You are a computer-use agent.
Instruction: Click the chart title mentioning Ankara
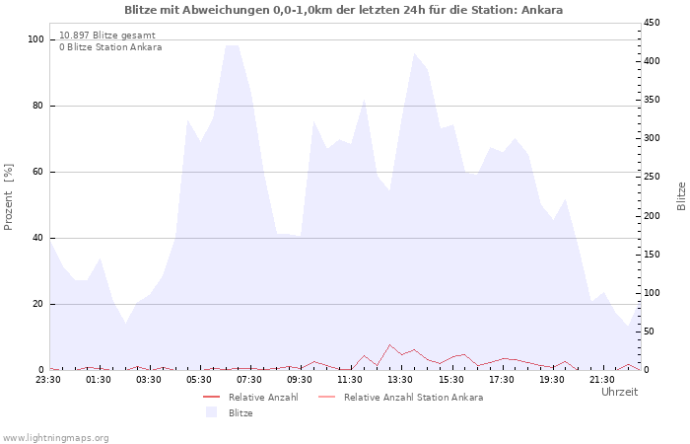click(344, 10)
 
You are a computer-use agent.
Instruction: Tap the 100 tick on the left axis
click(35, 39)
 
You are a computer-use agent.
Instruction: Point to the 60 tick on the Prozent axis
click(38, 172)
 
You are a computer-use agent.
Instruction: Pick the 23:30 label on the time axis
click(49, 379)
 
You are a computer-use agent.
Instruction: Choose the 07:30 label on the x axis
click(250, 379)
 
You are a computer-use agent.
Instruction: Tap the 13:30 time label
click(401, 379)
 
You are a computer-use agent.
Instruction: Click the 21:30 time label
click(602, 379)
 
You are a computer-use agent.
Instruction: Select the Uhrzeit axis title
click(620, 392)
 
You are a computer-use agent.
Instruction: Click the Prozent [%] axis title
click(9, 197)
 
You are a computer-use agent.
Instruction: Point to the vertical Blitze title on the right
click(681, 195)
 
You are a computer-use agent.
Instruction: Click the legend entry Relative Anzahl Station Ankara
click(413, 397)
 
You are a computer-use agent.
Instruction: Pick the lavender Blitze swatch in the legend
click(211, 412)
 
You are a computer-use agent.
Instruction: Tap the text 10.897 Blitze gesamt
click(106, 35)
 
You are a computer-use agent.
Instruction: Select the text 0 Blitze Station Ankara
click(110, 46)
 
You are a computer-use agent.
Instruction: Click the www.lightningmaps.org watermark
click(56, 437)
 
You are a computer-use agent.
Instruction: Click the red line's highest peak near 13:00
click(389, 344)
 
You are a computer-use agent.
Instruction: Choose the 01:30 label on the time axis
click(100, 379)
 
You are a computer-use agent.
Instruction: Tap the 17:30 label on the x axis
click(502, 379)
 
